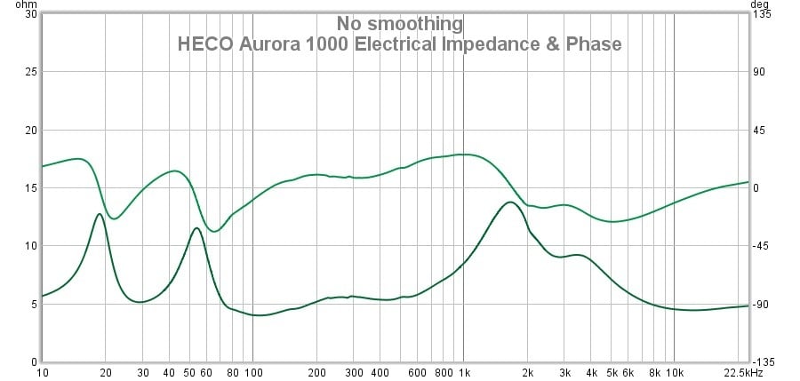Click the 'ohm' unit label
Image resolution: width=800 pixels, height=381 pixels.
(x=13, y=4)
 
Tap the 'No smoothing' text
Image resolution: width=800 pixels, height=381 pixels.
(x=399, y=24)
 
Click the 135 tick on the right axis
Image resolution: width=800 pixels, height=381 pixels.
(x=763, y=14)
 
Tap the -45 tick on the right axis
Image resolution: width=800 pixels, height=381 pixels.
(x=763, y=246)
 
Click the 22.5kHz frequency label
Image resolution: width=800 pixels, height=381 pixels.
(x=743, y=373)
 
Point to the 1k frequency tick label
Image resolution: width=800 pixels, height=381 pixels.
(x=464, y=373)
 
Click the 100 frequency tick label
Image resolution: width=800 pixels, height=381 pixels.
(x=253, y=373)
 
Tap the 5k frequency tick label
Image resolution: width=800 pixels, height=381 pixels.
(x=612, y=373)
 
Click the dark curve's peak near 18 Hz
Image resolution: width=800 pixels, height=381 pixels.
(x=100, y=214)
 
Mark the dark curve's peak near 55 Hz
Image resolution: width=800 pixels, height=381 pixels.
(x=196, y=228)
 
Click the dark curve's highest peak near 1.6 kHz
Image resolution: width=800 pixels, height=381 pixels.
(x=509, y=202)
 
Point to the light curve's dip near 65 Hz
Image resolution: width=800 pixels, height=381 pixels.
(x=213, y=231)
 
